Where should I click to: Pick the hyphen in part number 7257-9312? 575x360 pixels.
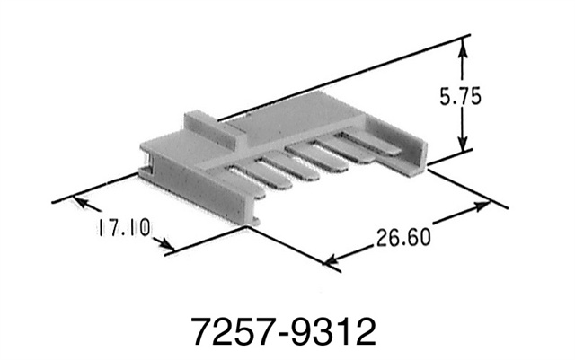coord(285,334)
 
